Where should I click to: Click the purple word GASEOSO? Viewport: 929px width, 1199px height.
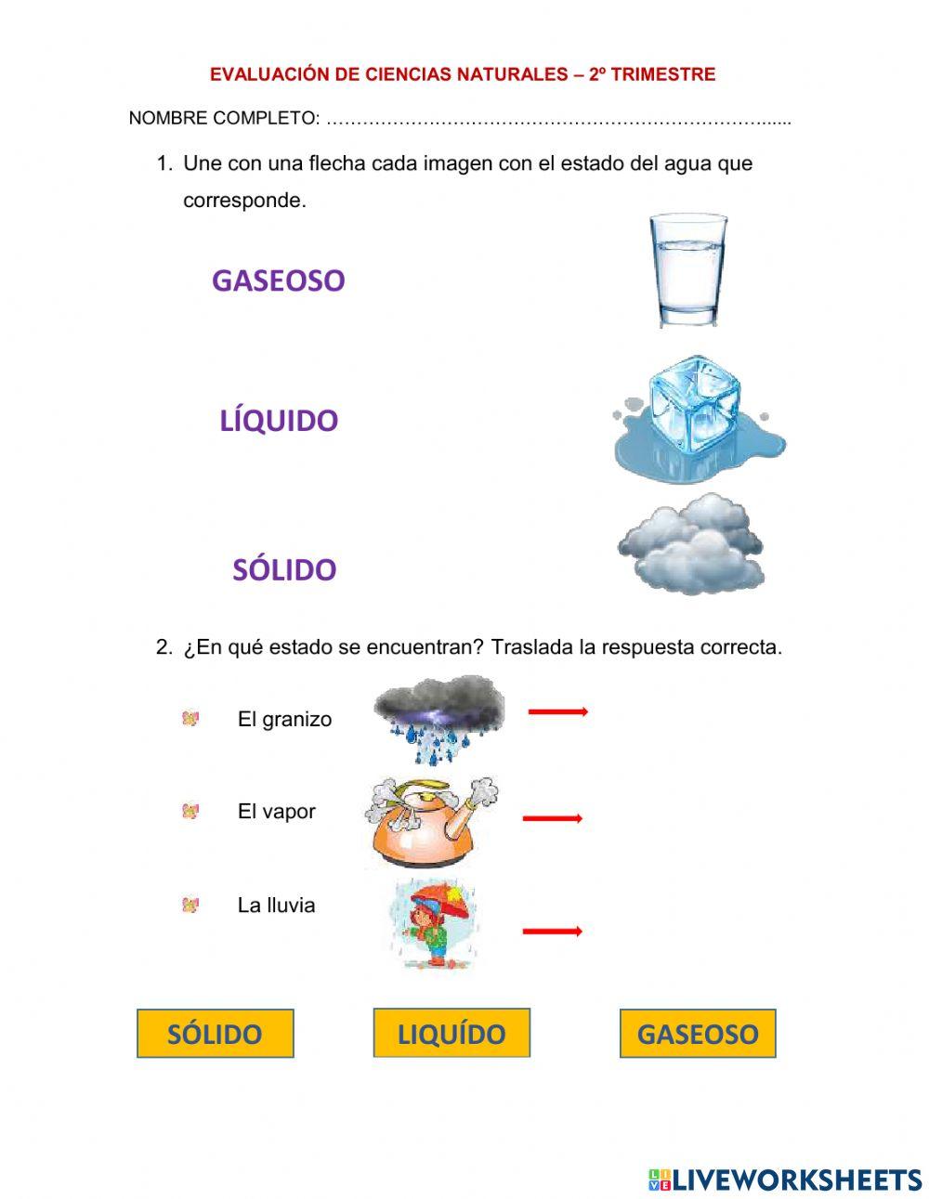pyautogui.click(x=278, y=280)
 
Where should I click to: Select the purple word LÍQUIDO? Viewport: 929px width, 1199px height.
pyautogui.click(x=279, y=421)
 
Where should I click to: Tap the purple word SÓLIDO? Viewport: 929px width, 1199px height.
pyautogui.click(x=283, y=569)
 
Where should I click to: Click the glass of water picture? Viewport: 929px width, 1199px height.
pyautogui.click(x=687, y=270)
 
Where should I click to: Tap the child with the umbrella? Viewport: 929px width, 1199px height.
pyautogui.click(x=430, y=924)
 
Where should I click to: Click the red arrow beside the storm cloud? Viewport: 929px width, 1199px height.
pyautogui.click(x=557, y=712)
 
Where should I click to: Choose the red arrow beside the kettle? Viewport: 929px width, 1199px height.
pyautogui.click(x=553, y=818)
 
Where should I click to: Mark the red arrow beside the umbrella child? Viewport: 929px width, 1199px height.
pyautogui.click(x=552, y=931)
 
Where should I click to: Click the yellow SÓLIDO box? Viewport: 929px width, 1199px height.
pyautogui.click(x=215, y=1034)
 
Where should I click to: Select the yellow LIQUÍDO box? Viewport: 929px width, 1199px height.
pyautogui.click(x=451, y=1033)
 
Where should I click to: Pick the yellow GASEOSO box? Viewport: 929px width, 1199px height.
pyautogui.click(x=698, y=1034)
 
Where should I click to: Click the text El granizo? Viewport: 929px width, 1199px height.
pyautogui.click(x=284, y=719)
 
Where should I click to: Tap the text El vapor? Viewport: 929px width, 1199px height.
pyautogui.click(x=276, y=811)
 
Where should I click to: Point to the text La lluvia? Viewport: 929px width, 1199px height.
pyautogui.click(x=276, y=905)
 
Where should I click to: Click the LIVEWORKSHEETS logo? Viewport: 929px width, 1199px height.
pyautogui.click(x=785, y=1179)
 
